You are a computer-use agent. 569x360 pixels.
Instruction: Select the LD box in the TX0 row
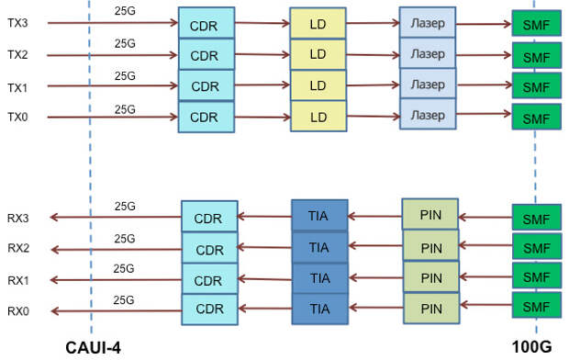tap(318, 117)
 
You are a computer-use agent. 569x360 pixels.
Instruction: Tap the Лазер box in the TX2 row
tap(428, 53)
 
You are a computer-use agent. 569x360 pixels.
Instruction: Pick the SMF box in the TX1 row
tap(535, 88)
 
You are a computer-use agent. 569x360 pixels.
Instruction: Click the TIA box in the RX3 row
tap(319, 216)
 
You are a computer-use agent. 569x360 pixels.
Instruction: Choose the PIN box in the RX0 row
tap(430, 308)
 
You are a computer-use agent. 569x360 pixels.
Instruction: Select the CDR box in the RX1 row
tap(209, 280)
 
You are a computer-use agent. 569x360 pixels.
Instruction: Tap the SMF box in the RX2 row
tap(535, 249)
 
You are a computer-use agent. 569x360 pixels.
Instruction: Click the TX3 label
tap(17, 23)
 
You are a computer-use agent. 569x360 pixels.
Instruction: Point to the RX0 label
tap(17, 311)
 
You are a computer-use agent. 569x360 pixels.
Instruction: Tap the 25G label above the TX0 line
tap(126, 108)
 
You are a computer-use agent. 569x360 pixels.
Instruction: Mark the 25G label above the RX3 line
tap(126, 208)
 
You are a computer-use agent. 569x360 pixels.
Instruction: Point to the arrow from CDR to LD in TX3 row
tap(262, 24)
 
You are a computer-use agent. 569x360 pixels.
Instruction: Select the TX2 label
tap(17, 55)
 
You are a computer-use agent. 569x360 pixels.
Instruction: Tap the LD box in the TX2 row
tap(318, 54)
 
